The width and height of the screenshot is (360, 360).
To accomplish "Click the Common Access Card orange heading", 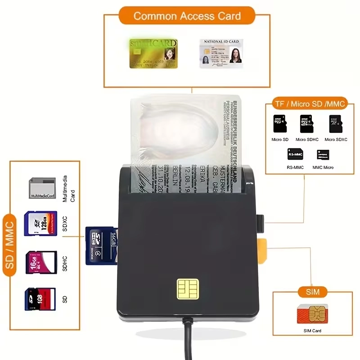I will pos(187,16).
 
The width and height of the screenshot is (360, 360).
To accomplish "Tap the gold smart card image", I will pos(153,54).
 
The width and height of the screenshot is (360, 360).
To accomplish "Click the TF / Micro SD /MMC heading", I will pos(310,104).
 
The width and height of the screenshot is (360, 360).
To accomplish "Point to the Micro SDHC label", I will pos(307,139).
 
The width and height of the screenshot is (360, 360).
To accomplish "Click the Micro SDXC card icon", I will pos(335,124).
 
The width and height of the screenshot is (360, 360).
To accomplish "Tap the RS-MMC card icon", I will pos(295,154).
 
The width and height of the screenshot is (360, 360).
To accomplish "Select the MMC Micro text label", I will pos(323,167).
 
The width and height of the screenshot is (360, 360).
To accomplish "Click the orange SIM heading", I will pos(313,292).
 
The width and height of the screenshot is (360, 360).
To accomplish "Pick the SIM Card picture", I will pos(312,315).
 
